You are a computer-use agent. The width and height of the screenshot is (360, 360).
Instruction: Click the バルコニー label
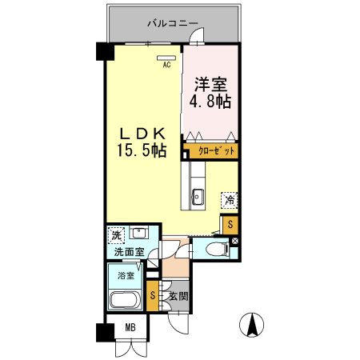point(173,23)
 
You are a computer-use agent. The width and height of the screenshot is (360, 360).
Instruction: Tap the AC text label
point(167,66)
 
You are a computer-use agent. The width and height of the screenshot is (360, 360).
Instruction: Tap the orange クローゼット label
point(213,150)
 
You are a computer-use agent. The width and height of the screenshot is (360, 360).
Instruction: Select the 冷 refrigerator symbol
point(230,200)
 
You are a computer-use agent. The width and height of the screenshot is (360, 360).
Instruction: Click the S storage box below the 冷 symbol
point(230,225)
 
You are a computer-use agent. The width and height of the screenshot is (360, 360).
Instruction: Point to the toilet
point(216,250)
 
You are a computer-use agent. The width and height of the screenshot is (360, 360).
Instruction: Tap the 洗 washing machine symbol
point(117,237)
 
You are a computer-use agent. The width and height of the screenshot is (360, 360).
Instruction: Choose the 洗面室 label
point(127,253)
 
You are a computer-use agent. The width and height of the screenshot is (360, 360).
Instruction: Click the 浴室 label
point(126,276)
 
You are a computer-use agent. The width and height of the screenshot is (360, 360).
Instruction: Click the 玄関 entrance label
point(178,296)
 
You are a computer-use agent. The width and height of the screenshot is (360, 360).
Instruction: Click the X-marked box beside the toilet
point(234,240)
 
